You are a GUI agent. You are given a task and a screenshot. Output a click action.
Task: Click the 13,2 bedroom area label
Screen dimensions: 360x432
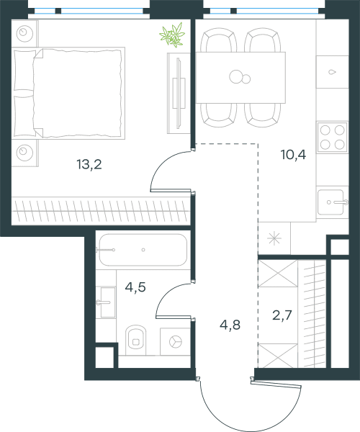click(x=89, y=165)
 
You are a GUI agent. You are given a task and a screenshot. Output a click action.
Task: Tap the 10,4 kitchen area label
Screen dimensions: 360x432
click(x=293, y=155)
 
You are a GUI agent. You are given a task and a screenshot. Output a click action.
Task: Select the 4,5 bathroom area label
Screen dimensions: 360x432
click(x=135, y=287)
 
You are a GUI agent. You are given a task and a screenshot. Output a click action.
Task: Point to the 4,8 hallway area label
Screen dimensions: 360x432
click(x=230, y=325)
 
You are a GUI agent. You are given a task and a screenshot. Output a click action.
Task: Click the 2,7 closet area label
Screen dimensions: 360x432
click(x=282, y=315)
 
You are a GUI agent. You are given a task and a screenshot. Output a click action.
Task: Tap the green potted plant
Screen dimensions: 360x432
click(x=172, y=35)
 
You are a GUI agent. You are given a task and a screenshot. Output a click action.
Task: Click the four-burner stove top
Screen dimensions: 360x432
click(x=332, y=138)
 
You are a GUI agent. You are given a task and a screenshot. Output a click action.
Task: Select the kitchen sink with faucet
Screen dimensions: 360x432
click(x=332, y=202)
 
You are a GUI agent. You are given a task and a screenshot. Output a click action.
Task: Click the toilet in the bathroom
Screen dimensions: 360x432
click(x=135, y=340)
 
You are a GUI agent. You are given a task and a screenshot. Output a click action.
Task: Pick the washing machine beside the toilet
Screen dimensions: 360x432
click(x=175, y=341)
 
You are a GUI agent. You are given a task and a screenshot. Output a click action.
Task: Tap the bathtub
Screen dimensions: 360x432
click(x=143, y=250)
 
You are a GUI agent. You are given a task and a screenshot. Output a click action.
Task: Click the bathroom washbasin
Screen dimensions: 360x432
click(x=107, y=302)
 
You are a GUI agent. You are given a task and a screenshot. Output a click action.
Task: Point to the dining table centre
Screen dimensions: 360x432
click(x=240, y=78)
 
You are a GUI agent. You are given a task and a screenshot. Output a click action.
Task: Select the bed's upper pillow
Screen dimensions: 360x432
click(x=24, y=71)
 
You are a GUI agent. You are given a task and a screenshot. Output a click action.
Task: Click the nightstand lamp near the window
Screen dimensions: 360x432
click(x=24, y=33)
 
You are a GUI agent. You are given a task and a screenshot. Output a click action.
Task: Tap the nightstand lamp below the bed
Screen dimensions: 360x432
click(x=24, y=153)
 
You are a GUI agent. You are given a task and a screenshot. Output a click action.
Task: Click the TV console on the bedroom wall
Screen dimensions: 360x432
click(x=179, y=93)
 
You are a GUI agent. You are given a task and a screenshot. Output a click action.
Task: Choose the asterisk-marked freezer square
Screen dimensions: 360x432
click(x=274, y=238)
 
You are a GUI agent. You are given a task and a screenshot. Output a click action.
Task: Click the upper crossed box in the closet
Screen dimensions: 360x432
click(x=278, y=274)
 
